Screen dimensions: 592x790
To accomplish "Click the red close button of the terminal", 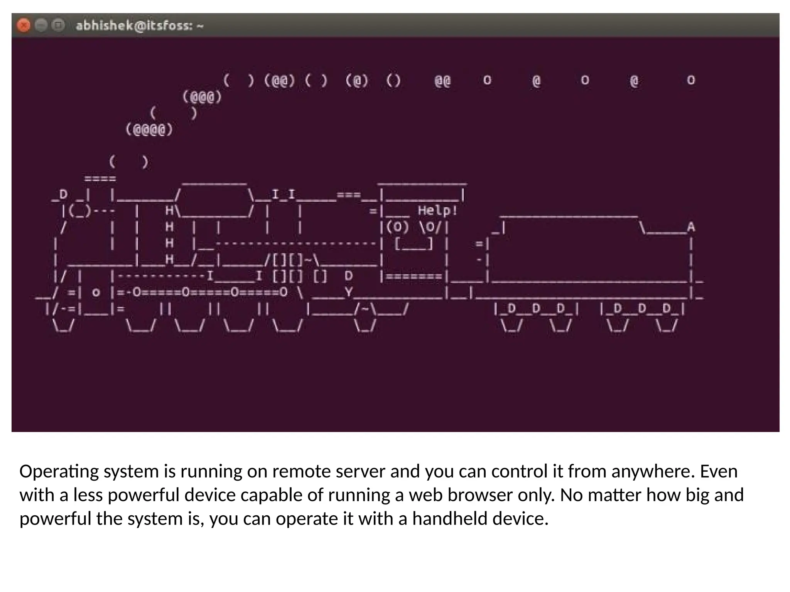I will (x=24, y=26).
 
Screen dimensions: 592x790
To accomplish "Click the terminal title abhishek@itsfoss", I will (x=139, y=26).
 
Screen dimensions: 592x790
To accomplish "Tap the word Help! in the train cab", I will (x=437, y=211).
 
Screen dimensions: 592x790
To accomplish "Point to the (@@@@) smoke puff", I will (x=149, y=129).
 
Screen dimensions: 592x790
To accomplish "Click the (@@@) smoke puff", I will (x=202, y=97).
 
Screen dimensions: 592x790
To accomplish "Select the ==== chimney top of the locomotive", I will (x=100, y=179).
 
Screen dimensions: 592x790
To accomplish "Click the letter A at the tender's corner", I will (x=690, y=227).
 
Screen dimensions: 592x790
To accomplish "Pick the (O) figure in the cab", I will (x=397, y=227).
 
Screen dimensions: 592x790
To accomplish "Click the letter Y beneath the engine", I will (x=349, y=292).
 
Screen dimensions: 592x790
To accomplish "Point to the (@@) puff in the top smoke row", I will (x=280, y=81).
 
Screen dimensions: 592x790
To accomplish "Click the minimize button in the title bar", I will (x=41, y=26).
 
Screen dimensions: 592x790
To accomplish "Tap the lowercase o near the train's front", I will (x=96, y=293).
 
